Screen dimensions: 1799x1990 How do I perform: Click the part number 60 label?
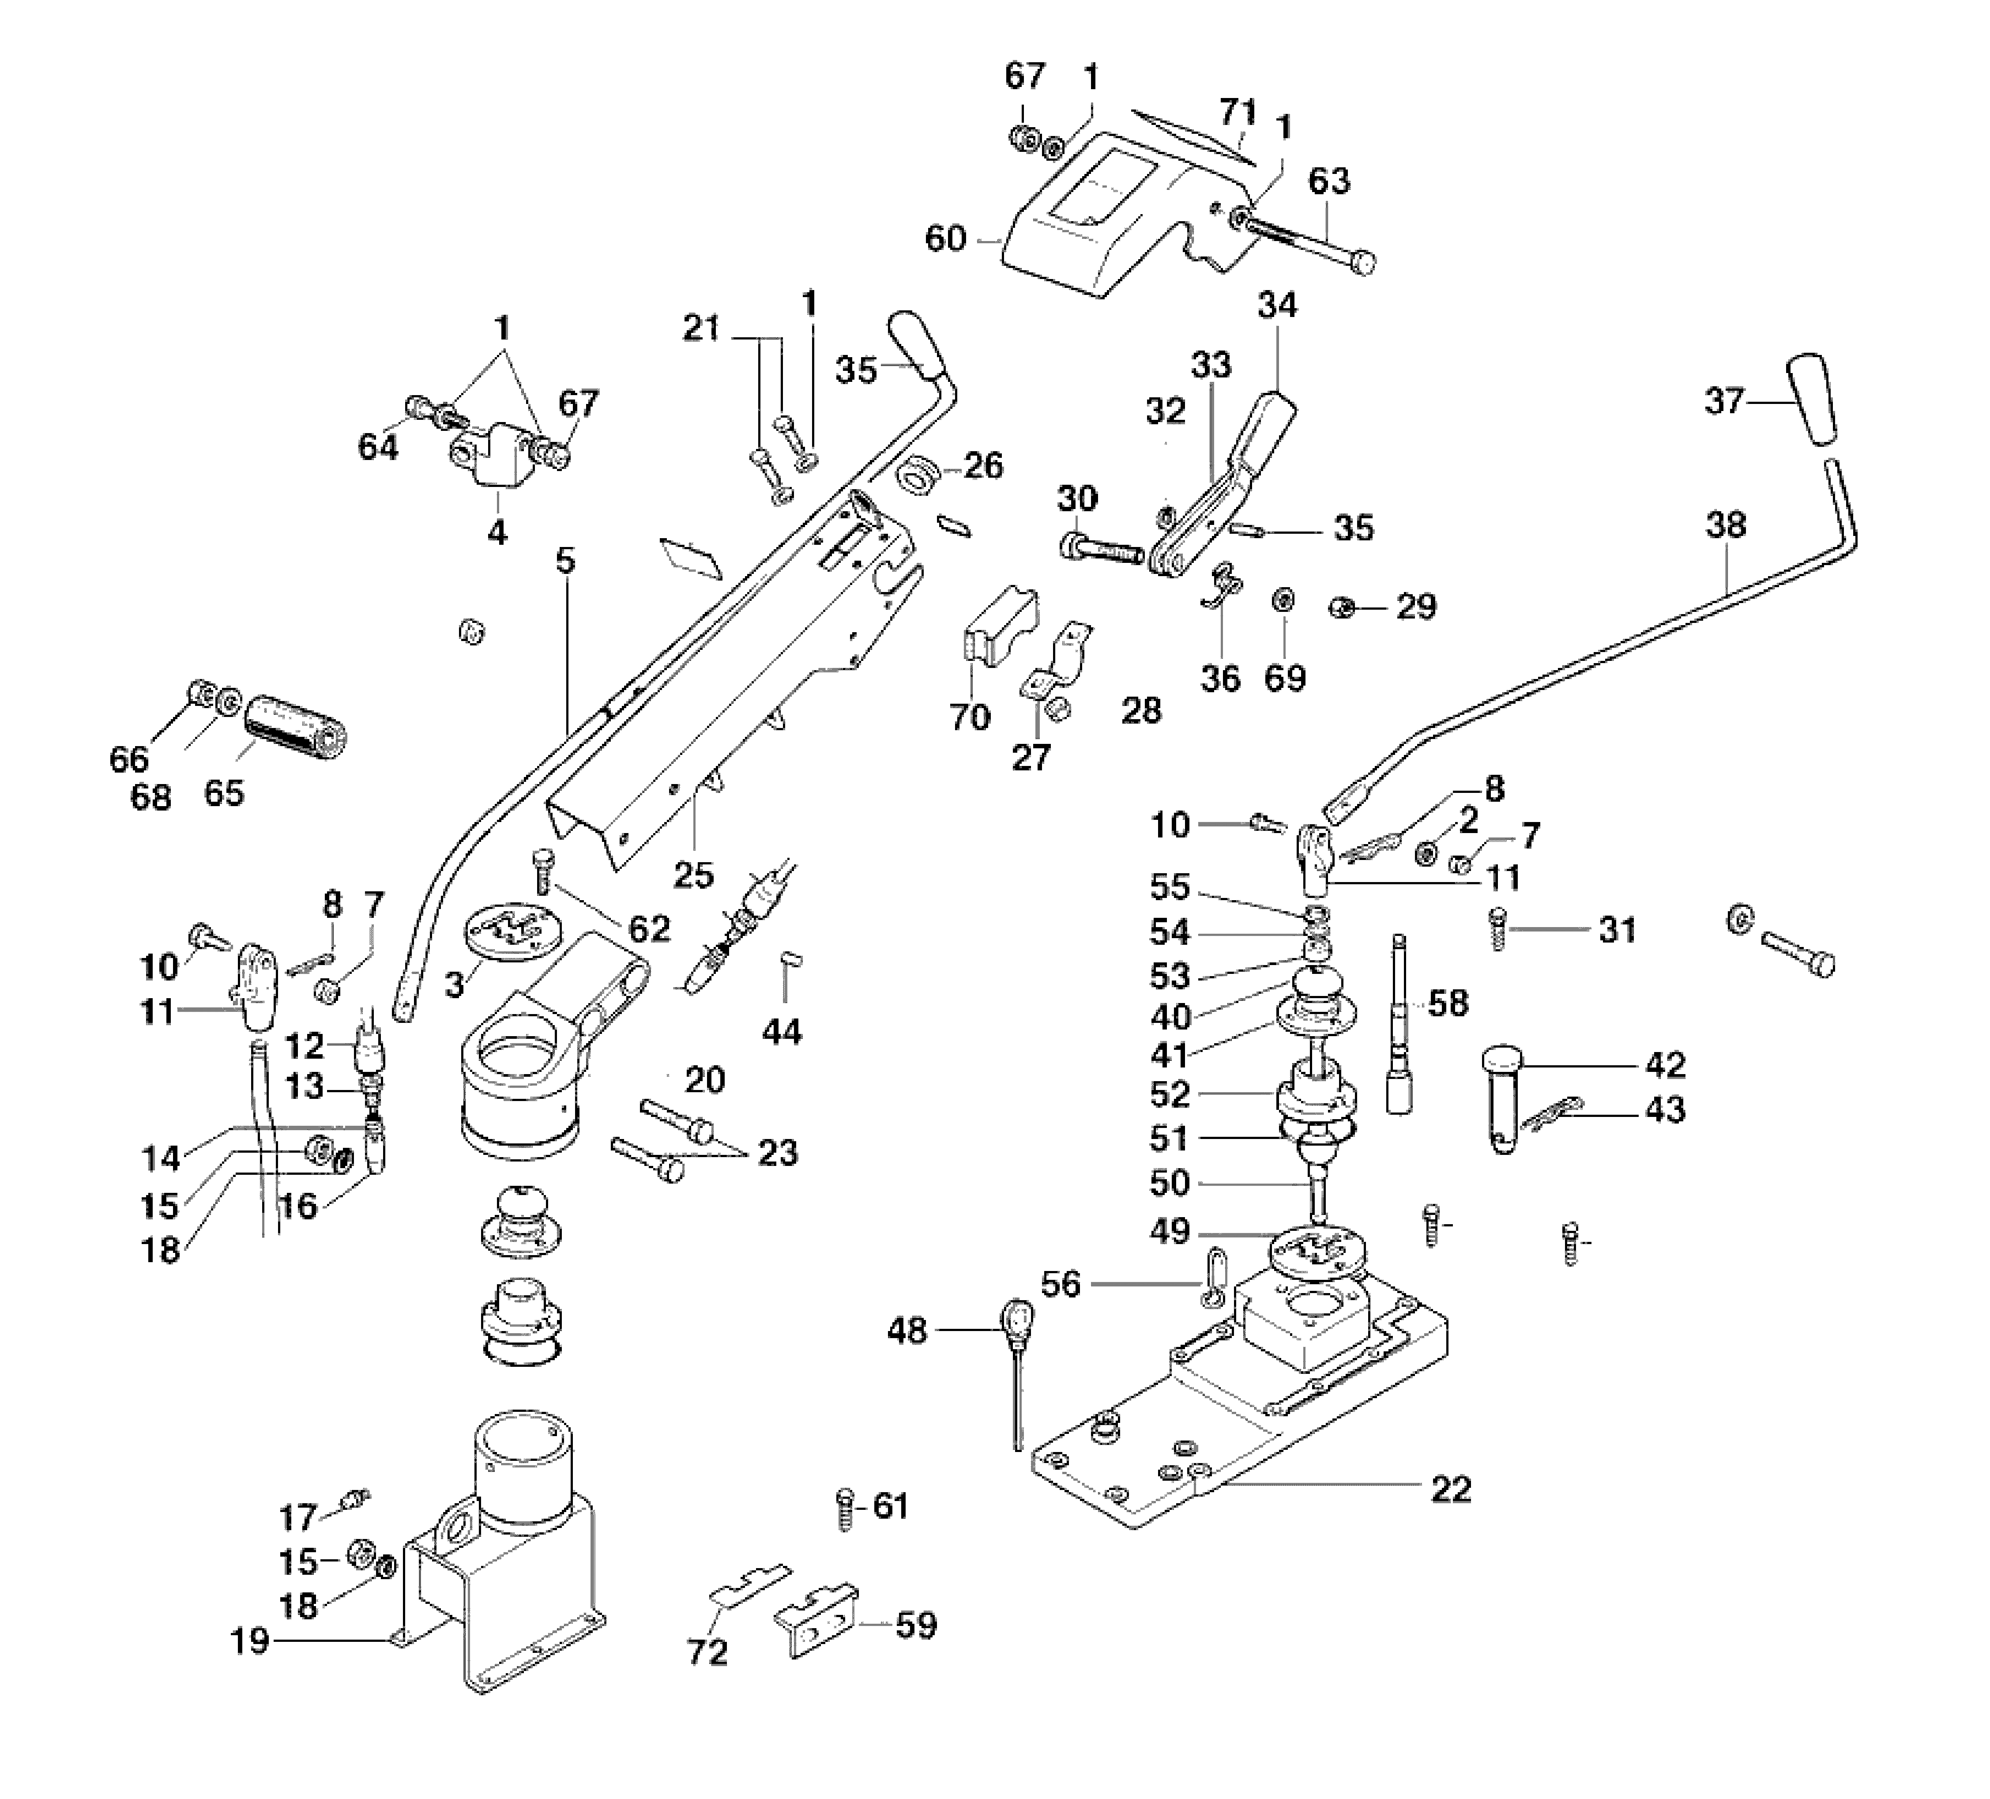click(944, 239)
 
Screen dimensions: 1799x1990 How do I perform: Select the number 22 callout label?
click(1451, 1516)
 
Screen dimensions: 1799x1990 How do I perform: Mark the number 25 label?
click(693, 874)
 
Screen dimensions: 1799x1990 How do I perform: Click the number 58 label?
click(1448, 1003)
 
